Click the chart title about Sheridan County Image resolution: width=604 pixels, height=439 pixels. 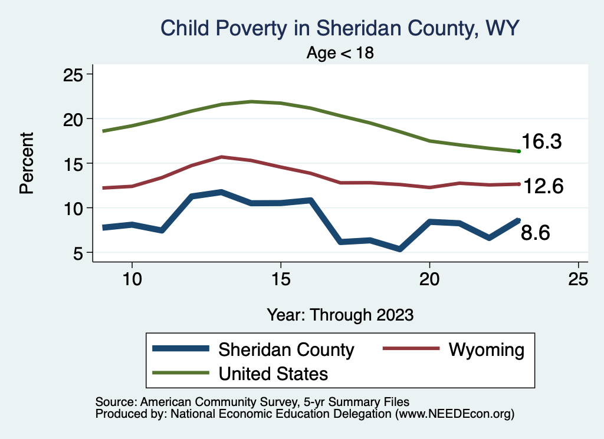[x=340, y=28]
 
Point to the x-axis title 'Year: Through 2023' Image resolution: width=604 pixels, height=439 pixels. [x=340, y=314]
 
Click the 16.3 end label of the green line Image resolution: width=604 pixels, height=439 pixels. [x=541, y=142]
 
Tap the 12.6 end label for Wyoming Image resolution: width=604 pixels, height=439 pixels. [x=543, y=186]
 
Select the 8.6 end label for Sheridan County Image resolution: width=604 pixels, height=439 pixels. [x=535, y=233]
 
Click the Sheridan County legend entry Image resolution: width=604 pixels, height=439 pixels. [x=286, y=349]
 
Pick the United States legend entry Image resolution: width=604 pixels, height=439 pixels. [x=273, y=373]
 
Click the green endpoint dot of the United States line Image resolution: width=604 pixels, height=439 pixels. [x=518, y=151]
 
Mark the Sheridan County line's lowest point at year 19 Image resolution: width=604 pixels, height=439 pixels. [x=400, y=249]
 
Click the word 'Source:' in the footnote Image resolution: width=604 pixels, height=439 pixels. [x=114, y=402]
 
